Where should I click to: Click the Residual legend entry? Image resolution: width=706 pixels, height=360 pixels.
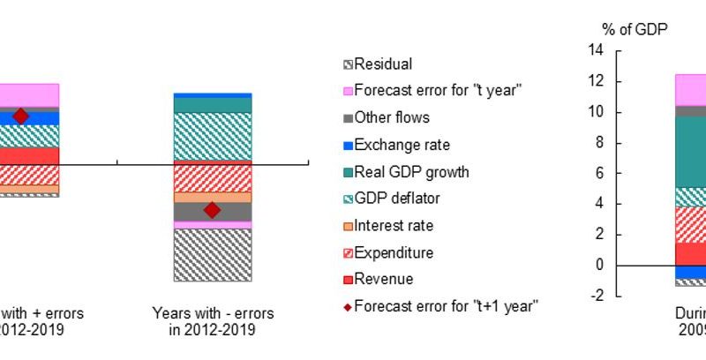coord(383,64)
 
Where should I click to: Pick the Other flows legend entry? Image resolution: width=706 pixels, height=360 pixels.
coord(392,116)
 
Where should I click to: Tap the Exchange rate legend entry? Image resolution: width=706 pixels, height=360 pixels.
coord(402,145)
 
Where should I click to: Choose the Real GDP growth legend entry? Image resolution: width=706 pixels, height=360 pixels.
coord(411,172)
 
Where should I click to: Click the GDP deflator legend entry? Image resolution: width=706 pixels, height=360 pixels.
coord(396,199)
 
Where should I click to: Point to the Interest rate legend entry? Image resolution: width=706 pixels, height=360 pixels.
coord(394,226)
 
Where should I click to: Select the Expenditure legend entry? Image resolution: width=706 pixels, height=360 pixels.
coord(394,253)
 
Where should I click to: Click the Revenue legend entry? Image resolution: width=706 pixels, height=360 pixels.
coord(383,280)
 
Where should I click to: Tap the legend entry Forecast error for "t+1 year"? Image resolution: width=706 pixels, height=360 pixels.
coord(447,306)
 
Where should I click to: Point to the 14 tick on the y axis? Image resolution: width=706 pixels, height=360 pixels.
coord(596,51)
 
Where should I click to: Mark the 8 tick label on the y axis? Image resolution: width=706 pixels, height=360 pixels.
coord(598,143)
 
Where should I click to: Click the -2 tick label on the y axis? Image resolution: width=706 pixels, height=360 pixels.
coord(597,296)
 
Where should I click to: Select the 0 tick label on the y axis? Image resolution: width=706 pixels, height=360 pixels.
coord(598,266)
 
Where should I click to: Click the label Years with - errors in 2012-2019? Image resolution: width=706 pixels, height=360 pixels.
coord(213,321)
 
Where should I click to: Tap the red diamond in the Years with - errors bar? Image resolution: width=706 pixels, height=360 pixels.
coord(212,210)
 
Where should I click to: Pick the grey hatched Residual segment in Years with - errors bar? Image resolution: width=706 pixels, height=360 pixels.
coord(213,255)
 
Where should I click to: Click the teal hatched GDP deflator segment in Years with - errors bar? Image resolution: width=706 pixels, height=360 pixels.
coord(213,137)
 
